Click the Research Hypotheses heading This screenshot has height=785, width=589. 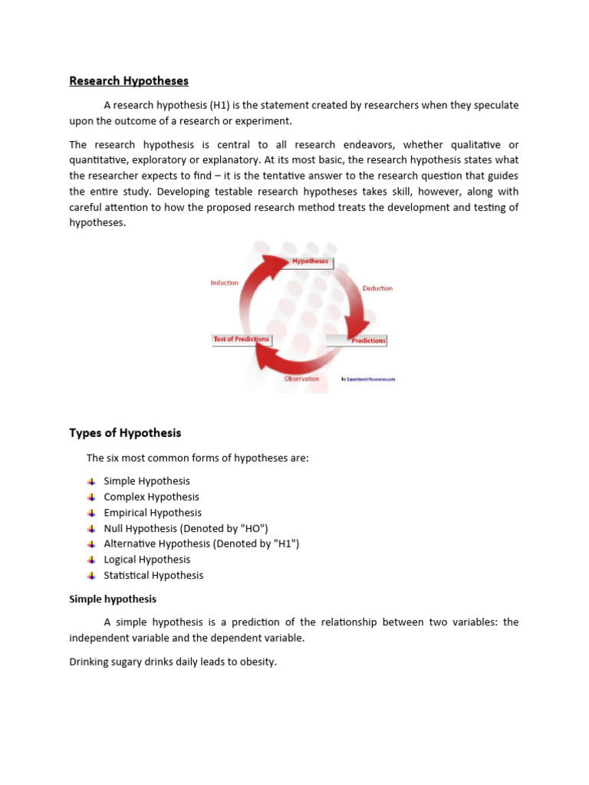pos(128,80)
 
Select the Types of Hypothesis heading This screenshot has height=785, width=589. pos(125,433)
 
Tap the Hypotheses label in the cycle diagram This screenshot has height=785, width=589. pos(310,261)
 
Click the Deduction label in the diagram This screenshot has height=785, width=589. pos(377,288)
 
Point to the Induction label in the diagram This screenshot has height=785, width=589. pos(225,283)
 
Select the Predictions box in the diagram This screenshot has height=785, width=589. pos(369,340)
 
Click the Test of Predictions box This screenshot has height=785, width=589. pos(241,339)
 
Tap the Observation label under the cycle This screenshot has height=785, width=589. pos(301,379)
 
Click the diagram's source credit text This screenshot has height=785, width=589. pos(368,379)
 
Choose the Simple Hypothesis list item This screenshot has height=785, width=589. pos(146,481)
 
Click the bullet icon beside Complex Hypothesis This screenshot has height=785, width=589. pos(91,497)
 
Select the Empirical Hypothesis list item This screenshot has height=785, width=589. pos(153,513)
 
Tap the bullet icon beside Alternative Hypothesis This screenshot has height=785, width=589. pos(91,544)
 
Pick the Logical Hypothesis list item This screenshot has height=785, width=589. pos(146,560)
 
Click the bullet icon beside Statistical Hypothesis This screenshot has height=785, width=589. pos(91,575)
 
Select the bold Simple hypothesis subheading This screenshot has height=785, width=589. pos(113,599)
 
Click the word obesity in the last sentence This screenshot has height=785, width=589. pos(255,661)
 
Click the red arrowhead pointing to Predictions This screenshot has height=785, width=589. pos(355,331)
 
